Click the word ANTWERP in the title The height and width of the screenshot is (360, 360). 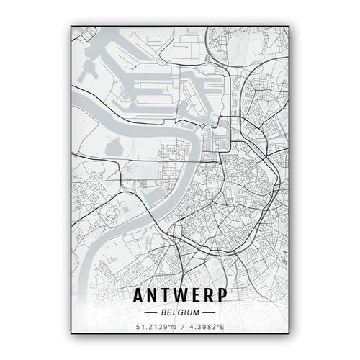tap(180, 296)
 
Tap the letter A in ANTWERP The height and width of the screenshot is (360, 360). tap(140, 296)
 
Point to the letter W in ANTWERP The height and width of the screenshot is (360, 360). tap(181, 296)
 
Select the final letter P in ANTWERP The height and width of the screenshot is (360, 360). tap(222, 296)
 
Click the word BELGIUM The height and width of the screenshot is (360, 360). tap(180, 313)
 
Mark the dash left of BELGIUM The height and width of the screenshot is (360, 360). tap(151, 313)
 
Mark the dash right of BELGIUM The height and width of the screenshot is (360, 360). tap(209, 313)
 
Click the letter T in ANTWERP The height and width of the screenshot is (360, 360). tap(166, 296)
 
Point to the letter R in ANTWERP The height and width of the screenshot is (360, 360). tap(209, 296)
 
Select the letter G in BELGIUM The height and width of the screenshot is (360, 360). tap(180, 313)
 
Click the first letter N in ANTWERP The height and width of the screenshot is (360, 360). tap(153, 296)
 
